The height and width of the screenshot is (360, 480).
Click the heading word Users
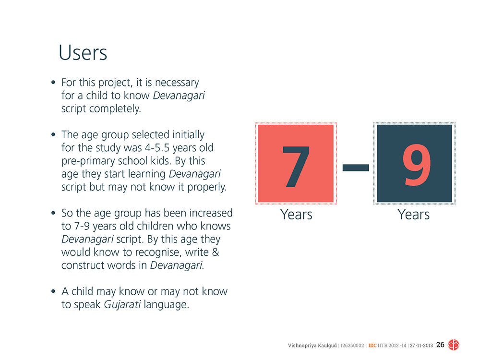[83, 53]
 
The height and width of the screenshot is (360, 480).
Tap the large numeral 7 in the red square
[296, 166]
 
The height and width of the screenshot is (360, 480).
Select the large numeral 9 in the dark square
[416, 165]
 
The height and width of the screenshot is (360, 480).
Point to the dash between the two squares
[355, 168]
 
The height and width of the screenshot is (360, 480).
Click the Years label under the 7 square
[296, 214]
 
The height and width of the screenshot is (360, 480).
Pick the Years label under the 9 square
[413, 214]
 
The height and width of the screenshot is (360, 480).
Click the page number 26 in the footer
[440, 345]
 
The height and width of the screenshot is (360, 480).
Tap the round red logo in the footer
[454, 345]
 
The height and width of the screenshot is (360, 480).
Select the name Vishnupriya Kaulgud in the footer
[312, 346]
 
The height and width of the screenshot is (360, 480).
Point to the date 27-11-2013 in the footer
[421, 346]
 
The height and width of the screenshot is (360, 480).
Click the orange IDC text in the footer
[372, 346]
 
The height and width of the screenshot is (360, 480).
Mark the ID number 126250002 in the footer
[352, 346]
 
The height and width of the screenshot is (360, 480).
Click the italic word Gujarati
[122, 305]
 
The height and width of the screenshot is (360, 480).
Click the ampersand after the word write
[216, 252]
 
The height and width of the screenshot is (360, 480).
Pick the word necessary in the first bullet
[177, 83]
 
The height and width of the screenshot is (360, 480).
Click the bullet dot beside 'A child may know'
[53, 291]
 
